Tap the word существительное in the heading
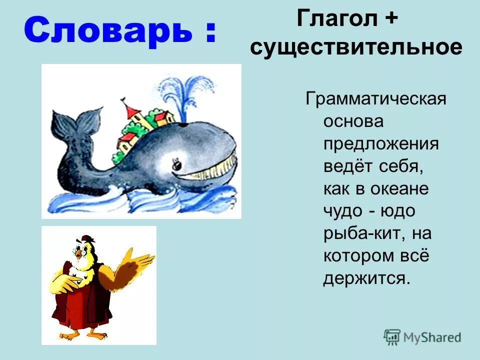356,48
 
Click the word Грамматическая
375,99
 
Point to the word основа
353,121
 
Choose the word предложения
380,144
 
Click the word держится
366,278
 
